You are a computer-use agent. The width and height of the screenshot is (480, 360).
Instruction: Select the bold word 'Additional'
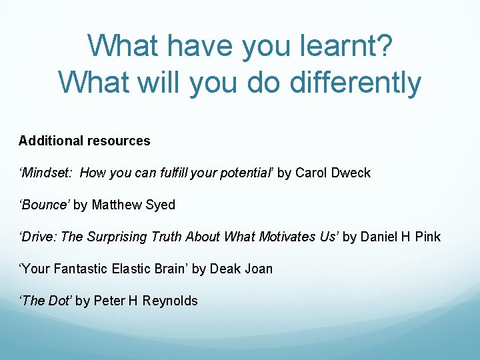point(50,141)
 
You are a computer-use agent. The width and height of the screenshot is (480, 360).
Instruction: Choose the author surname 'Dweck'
point(350,173)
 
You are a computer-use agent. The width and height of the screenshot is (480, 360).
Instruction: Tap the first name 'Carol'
point(310,173)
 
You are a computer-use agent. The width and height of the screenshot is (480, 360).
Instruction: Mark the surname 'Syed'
point(160,205)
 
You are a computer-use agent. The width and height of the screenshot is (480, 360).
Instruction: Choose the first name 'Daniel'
point(379,237)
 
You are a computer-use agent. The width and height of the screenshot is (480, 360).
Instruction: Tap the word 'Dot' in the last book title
point(58,301)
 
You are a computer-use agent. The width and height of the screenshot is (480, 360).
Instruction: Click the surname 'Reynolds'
point(170,301)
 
